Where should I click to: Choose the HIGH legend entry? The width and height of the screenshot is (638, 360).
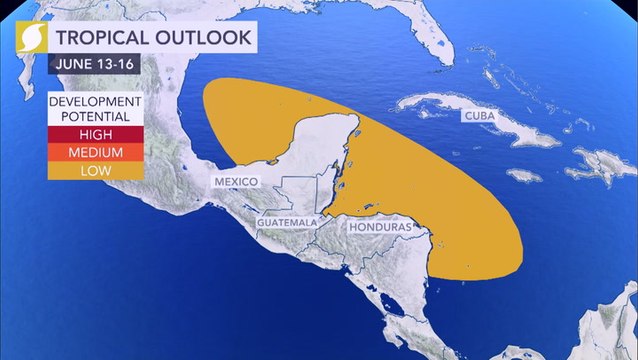tap(97, 134)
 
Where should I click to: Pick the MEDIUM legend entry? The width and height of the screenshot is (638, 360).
tap(97, 152)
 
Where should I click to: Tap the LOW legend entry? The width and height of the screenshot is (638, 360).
tap(97, 171)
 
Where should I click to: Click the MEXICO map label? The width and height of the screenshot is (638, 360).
tap(236, 181)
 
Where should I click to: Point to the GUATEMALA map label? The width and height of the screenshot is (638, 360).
tap(287, 221)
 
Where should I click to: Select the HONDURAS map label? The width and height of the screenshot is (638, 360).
tap(374, 228)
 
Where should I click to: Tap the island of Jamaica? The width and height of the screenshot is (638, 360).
tap(523, 176)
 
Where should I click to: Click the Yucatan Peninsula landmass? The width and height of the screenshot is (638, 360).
tap(300, 150)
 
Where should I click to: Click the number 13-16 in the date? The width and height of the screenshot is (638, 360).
tap(112, 67)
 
